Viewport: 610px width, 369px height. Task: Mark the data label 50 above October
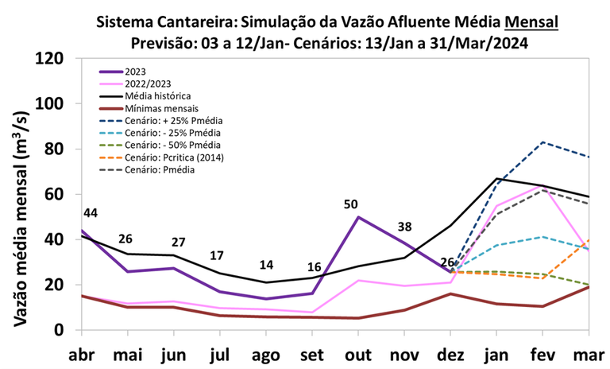coord(352,204)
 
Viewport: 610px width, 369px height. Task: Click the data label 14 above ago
coord(266,265)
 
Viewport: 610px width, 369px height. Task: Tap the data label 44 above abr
coord(90,213)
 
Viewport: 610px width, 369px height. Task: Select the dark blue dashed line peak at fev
coord(542,142)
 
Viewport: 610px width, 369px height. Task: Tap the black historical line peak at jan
coord(496,178)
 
